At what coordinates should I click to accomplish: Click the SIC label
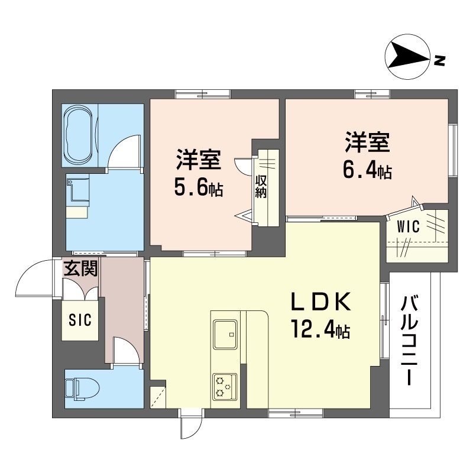pyautogui.click(x=80, y=320)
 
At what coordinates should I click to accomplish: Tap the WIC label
pyautogui.click(x=407, y=226)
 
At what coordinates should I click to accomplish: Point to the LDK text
pyautogui.click(x=320, y=304)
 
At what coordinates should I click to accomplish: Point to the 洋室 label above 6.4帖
pyautogui.click(x=367, y=144)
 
